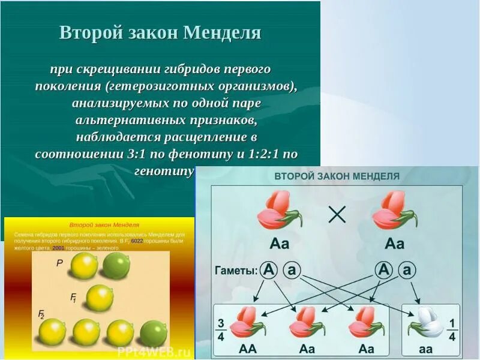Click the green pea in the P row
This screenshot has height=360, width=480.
115,265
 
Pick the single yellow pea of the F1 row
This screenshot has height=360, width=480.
98,298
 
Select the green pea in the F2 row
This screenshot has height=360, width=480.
154,334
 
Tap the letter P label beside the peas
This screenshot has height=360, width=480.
59,263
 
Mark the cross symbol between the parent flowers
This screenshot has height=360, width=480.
337,214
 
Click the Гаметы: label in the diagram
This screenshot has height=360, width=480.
236,271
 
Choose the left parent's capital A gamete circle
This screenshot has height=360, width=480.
269,271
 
